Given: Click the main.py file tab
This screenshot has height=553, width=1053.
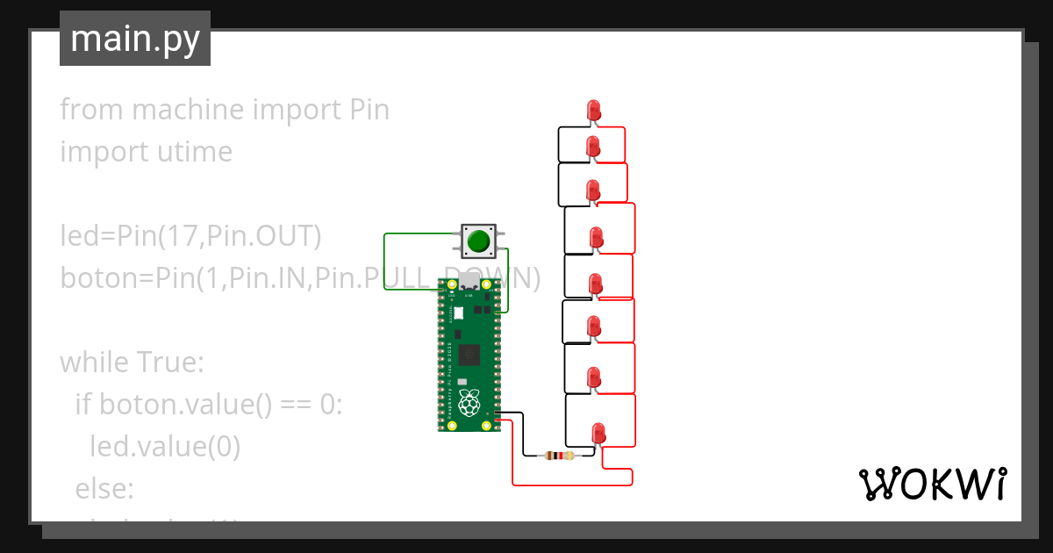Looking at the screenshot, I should click(134, 39).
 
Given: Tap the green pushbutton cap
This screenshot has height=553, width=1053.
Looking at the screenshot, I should click(477, 241).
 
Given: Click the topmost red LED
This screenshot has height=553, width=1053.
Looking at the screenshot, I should click(593, 110).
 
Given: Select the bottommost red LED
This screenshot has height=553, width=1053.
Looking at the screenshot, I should click(598, 432).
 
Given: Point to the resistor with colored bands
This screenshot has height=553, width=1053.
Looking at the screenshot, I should click(558, 455).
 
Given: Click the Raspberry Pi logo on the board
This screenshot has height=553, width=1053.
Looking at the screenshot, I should click(470, 403).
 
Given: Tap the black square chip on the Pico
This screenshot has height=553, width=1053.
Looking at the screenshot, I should click(469, 355).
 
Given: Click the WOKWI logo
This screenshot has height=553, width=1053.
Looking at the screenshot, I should click(931, 484).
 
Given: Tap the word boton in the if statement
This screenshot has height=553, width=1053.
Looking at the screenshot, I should click(133, 404).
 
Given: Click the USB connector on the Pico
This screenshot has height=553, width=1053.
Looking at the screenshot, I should click(469, 283).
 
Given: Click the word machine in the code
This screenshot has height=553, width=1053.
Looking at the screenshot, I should click(188, 110).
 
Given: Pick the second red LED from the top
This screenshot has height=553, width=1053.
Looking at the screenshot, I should click(593, 146).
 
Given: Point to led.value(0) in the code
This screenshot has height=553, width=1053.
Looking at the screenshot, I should click(165, 446).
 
